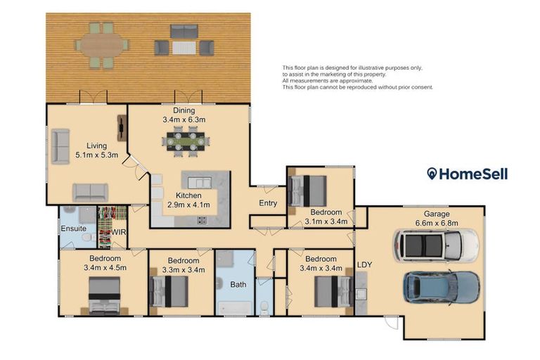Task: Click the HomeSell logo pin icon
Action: (432, 174)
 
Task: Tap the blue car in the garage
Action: (442, 288)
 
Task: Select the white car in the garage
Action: (436, 245)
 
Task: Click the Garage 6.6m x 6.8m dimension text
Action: (437, 223)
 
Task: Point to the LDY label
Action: (365, 265)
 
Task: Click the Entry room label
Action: (268, 203)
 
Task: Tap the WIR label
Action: (118, 232)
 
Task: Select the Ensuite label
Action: (73, 229)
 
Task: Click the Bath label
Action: (238, 285)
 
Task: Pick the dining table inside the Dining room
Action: (186, 141)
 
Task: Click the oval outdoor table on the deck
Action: (102, 45)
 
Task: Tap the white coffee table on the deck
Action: (184, 48)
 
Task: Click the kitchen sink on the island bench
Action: (200, 183)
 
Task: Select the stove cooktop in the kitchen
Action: (202, 220)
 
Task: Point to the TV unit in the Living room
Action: (122, 128)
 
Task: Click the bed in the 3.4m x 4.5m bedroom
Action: (105, 295)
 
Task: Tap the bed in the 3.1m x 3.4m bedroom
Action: (307, 191)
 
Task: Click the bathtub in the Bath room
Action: (235, 308)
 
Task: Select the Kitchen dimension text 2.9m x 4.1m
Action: (188, 205)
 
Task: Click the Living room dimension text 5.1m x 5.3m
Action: (97, 155)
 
